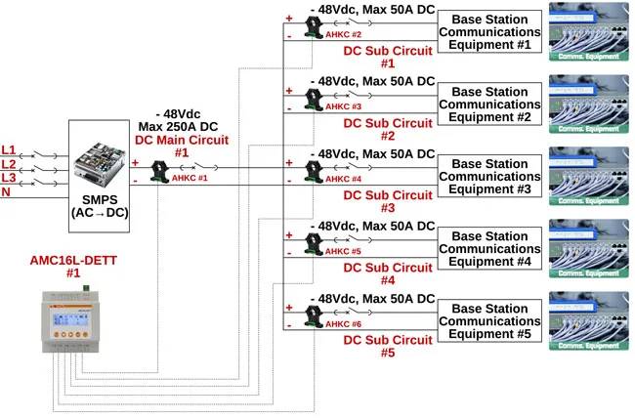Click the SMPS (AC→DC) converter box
(x=100, y=177)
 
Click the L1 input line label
(x=9, y=150)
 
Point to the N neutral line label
(x=7, y=192)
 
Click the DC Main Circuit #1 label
(x=181, y=147)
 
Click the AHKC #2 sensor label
(x=343, y=34)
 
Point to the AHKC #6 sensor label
(x=343, y=323)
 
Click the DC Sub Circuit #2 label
(x=388, y=130)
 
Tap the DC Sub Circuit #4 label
(x=388, y=274)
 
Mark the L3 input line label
(x=9, y=178)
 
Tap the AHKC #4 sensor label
(x=343, y=179)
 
